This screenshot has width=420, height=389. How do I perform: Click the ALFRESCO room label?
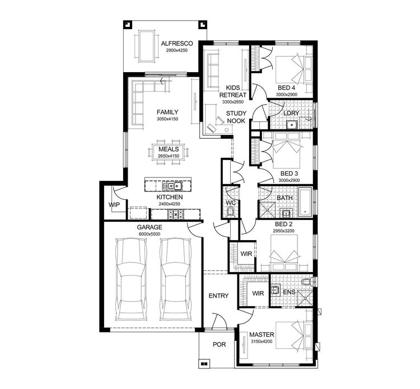pyautogui.click(x=176, y=43)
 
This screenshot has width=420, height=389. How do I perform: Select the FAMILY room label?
pyautogui.click(x=167, y=112)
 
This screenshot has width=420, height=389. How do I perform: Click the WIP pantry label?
pyautogui.click(x=114, y=205)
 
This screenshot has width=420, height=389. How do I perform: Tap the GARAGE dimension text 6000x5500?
pyautogui.click(x=150, y=235)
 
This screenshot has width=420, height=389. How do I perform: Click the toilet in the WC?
pyautogui.click(x=231, y=211)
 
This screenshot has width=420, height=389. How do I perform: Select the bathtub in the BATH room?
pyautogui.click(x=306, y=203)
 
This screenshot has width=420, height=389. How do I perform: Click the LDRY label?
pyautogui.click(x=292, y=113)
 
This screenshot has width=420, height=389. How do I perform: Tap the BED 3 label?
pyautogui.click(x=287, y=174)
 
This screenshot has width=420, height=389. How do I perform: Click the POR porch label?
pyautogui.click(x=219, y=344)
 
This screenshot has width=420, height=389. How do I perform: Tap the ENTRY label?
pyautogui.click(x=218, y=296)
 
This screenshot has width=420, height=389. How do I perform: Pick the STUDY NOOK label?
pyautogui.click(x=236, y=117)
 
